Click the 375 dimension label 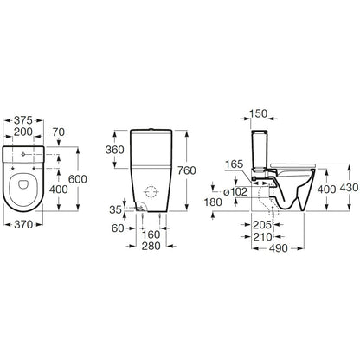click(x=23, y=120)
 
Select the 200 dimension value click(x=23, y=132)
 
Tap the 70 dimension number click(x=59, y=132)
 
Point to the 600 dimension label click(x=78, y=179)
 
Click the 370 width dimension click(x=23, y=224)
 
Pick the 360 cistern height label click(x=114, y=150)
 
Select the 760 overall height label click(x=187, y=170)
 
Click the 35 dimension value click(x=115, y=209)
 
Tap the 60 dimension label click(x=118, y=228)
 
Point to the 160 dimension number click(x=151, y=235)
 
